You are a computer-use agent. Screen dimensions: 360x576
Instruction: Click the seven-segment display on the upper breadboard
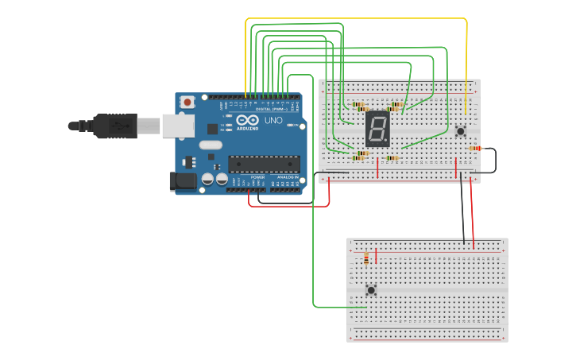pyautogui.click(x=378, y=129)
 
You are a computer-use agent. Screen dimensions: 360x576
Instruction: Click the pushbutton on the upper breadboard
pyautogui.click(x=460, y=130)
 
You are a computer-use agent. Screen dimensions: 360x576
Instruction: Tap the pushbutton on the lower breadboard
pyautogui.click(x=370, y=290)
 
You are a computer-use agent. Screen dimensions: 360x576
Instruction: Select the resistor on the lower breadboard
pyautogui.click(x=366, y=257)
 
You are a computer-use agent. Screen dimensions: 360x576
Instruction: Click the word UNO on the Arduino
pyautogui.click(x=273, y=121)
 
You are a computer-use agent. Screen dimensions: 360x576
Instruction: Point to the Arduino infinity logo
pyautogui.click(x=246, y=121)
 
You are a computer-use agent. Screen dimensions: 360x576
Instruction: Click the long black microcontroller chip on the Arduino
pyautogui.click(x=264, y=164)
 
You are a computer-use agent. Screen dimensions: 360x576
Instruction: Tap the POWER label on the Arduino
pyautogui.click(x=257, y=177)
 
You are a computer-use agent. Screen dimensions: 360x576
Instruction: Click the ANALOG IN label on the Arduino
pyautogui.click(x=286, y=177)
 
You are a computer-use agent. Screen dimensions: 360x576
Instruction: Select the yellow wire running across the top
pyautogui.click(x=358, y=18)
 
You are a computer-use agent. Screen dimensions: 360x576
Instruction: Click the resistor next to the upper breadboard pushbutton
pyautogui.click(x=475, y=148)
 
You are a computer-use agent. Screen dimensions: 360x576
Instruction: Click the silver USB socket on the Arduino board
pyautogui.click(x=178, y=126)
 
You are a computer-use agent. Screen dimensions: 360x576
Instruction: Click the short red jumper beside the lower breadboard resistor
pyautogui.click(x=377, y=256)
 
